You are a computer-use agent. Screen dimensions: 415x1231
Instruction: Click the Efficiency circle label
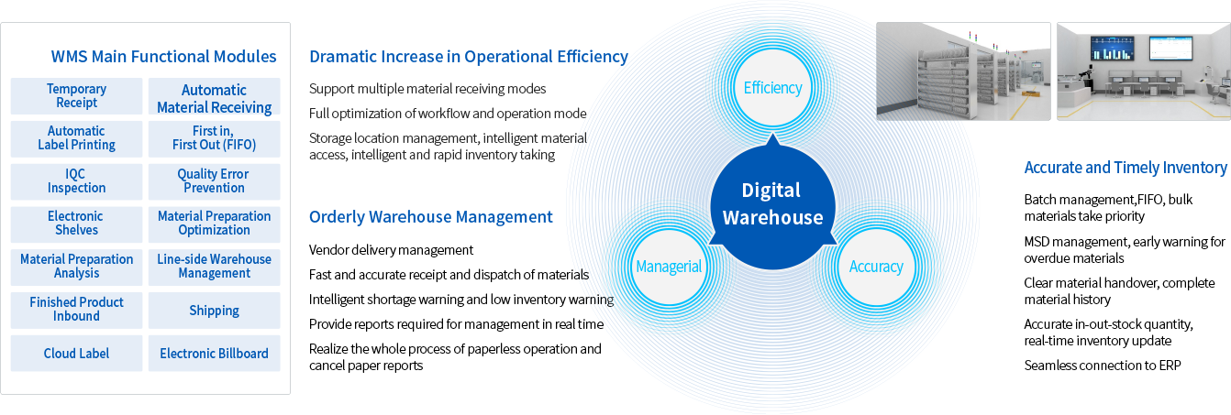pos(772,88)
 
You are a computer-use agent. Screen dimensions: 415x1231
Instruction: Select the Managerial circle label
pos(668,267)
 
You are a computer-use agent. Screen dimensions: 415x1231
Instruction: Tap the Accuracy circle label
pos(876,267)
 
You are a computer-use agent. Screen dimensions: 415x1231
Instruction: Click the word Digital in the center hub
pos(771,191)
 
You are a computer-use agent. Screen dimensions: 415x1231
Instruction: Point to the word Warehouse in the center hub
pos(772,218)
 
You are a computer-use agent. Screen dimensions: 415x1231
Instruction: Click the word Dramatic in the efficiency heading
pos(340,57)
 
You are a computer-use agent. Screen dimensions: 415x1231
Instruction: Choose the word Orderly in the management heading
pos(336,217)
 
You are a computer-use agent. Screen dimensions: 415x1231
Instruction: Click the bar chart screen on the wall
pos(1114,49)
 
